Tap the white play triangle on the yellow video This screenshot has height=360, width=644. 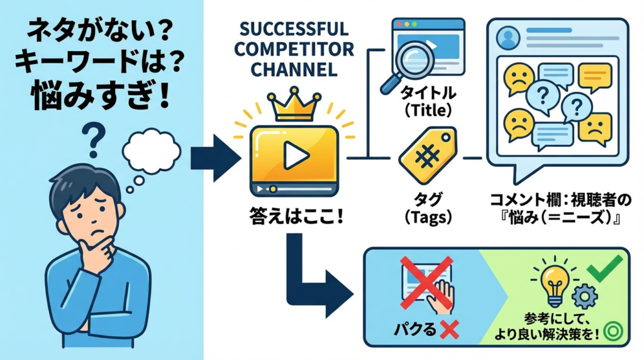(x=292, y=155)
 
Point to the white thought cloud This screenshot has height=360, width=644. (x=151, y=150)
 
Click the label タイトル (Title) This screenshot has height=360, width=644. (x=428, y=103)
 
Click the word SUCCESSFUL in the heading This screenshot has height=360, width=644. (x=293, y=30)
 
